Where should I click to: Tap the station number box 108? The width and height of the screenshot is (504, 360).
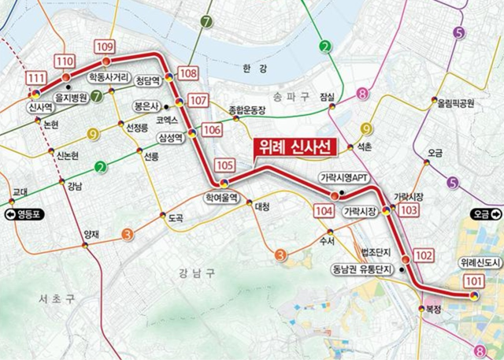pyautogui.click(x=188, y=74)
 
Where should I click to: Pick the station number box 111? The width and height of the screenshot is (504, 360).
pyautogui.click(x=35, y=79)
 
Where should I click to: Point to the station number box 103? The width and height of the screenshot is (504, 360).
pyautogui.click(x=409, y=210)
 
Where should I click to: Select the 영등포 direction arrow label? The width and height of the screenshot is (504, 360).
pyautogui.click(x=24, y=213)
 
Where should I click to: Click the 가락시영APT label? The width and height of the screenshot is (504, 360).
pyautogui.click(x=343, y=178)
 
